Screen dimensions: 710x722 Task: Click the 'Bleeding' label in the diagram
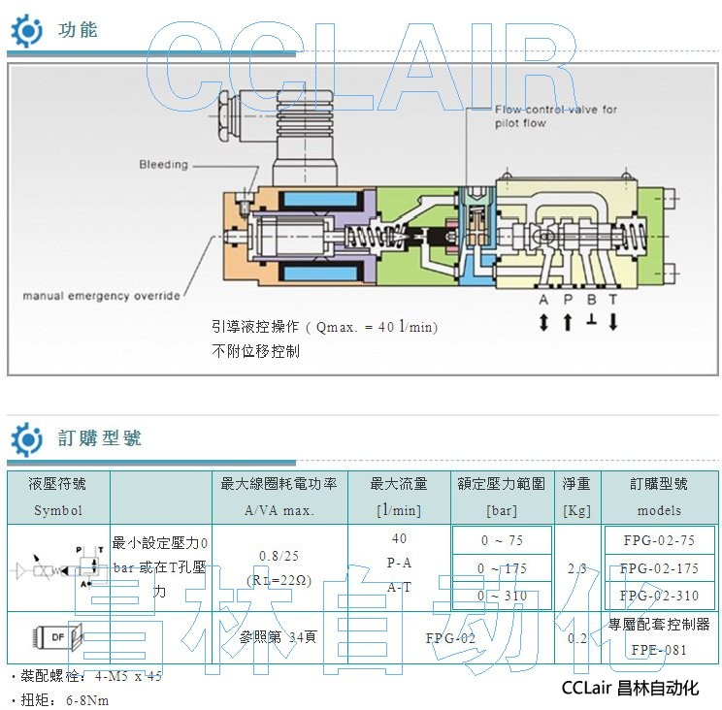coord(163,164)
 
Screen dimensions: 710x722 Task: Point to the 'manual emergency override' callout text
coord(102,295)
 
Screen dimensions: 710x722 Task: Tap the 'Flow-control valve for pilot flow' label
coord(556,116)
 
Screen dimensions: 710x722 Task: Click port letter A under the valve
coord(542,301)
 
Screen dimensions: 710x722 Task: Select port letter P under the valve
coord(567,301)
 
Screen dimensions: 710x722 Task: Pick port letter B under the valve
coord(590,301)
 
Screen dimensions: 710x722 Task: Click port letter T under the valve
coord(613,301)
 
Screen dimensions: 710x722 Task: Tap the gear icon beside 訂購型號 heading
coord(26,438)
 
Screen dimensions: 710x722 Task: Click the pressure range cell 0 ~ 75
coord(502,540)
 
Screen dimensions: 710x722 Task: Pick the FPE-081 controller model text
coord(659,650)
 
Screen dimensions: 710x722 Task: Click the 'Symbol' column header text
coord(58,510)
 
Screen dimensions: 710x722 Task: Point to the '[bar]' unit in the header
coord(502,510)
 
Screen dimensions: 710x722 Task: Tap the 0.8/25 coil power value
coord(279,556)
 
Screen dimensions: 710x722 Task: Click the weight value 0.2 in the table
coord(576,637)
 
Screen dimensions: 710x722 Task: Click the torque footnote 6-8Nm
coord(86,698)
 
